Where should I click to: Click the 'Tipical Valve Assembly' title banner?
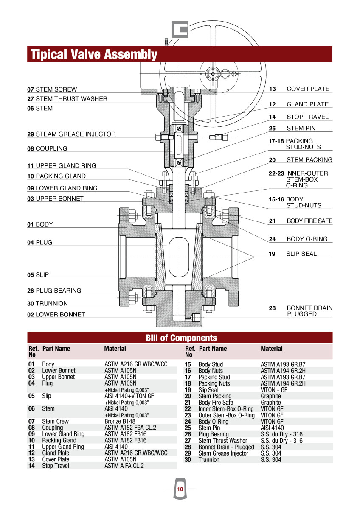[94, 54]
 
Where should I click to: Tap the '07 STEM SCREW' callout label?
[52, 89]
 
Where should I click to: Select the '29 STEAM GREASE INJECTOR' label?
[71, 134]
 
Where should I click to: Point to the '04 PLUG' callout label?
[40, 243]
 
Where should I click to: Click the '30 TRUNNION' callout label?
[48, 304]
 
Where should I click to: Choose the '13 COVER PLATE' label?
[299, 89]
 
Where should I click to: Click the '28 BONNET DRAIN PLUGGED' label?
[301, 311]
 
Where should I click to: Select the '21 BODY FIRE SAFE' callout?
[301, 221]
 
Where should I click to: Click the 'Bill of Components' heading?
[181, 338]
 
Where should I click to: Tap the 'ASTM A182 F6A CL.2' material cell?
[130, 428]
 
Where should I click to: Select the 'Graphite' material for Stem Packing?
[270, 396]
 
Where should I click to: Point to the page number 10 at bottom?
[180, 489]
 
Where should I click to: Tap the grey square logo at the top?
[180, 29]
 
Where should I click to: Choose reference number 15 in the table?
[188, 365]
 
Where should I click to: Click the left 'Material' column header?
[115, 349]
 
